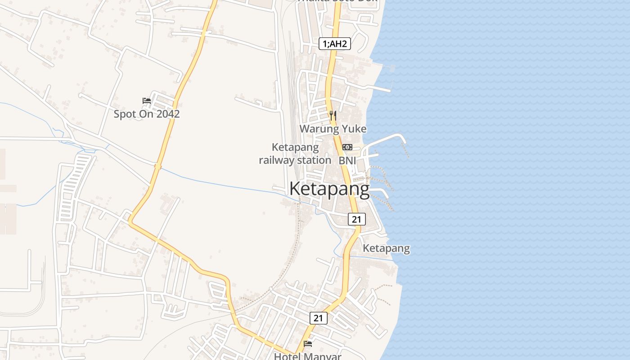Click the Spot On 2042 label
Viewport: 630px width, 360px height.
[147, 114]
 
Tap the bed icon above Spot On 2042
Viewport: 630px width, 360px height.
[147, 100]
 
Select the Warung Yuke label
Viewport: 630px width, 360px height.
[333, 129]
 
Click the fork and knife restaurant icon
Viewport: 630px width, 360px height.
[333, 116]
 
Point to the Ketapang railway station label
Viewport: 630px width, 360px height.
[295, 153]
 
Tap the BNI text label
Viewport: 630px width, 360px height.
[347, 160]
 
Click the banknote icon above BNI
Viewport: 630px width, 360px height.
[347, 147]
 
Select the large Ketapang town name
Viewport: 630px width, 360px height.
[329, 189]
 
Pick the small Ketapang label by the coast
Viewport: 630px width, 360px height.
[387, 248]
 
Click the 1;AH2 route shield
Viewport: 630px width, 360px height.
[335, 44]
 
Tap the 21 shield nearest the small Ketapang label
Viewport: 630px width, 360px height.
[356, 219]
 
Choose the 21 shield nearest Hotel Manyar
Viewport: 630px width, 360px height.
[319, 318]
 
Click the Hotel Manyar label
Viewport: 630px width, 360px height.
[308, 356]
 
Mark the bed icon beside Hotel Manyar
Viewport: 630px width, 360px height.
[308, 344]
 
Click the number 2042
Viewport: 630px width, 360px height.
[167, 114]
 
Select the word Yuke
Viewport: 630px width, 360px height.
[354, 129]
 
